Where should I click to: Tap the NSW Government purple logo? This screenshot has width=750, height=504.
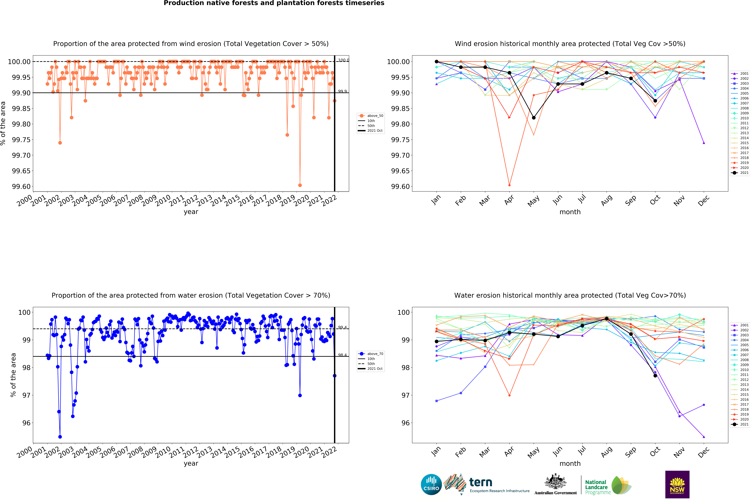[x=677, y=484]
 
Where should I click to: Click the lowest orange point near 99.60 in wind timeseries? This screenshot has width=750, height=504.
[x=300, y=185]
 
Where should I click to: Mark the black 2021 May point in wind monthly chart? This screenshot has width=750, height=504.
[x=534, y=118]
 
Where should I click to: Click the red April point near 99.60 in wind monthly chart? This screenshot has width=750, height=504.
[x=509, y=185]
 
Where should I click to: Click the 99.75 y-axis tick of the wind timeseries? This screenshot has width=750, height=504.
[x=21, y=140]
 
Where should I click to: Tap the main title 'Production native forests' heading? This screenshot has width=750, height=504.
[x=274, y=3]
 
